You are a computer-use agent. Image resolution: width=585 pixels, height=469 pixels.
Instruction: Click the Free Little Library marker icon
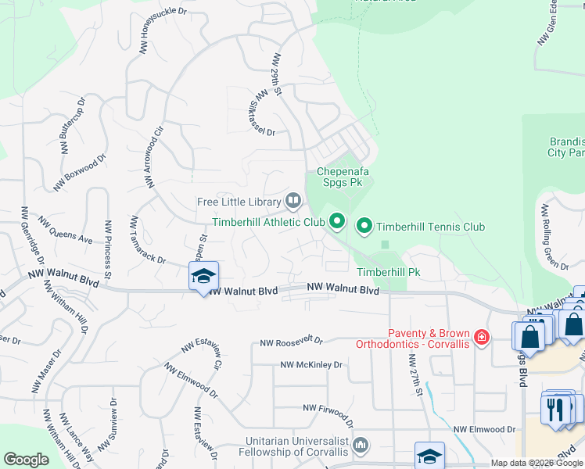[x=293, y=202]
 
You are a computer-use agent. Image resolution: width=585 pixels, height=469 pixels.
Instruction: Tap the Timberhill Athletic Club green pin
[x=337, y=223]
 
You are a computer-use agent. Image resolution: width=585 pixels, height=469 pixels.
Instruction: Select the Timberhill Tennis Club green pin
[x=364, y=227]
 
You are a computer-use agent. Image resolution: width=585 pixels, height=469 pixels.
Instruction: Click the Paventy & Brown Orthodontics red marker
[x=483, y=337]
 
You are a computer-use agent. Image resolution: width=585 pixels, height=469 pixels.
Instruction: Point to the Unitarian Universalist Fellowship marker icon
[x=361, y=446]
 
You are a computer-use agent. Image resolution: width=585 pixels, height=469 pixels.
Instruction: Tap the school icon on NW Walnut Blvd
[x=203, y=276]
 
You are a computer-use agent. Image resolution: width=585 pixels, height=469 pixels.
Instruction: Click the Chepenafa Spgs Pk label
[x=343, y=177]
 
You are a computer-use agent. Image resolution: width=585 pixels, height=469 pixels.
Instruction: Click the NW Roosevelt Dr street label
[x=292, y=341]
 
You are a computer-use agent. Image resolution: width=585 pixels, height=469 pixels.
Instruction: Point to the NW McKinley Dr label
[x=312, y=365]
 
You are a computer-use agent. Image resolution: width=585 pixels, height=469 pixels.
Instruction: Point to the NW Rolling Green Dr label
[x=554, y=237]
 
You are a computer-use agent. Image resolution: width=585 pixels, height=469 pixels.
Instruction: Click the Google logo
[x=27, y=460]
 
